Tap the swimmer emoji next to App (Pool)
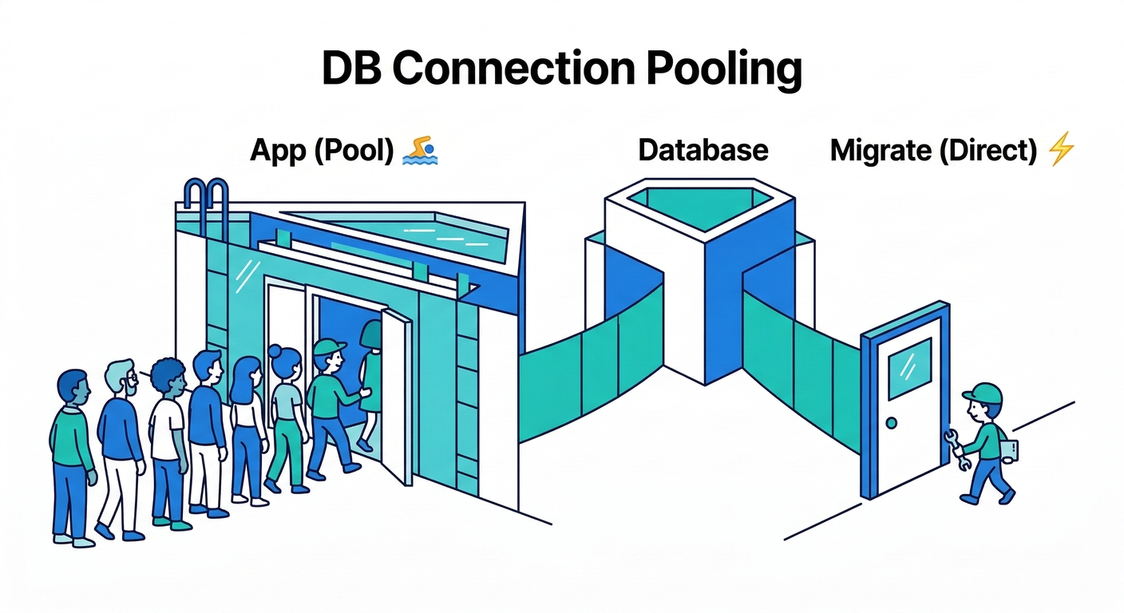421,150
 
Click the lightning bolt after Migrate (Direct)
1061,149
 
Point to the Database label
702,150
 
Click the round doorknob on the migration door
891,422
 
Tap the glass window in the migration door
909,366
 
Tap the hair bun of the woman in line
275,350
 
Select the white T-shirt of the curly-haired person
168,428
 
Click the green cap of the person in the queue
328,347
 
